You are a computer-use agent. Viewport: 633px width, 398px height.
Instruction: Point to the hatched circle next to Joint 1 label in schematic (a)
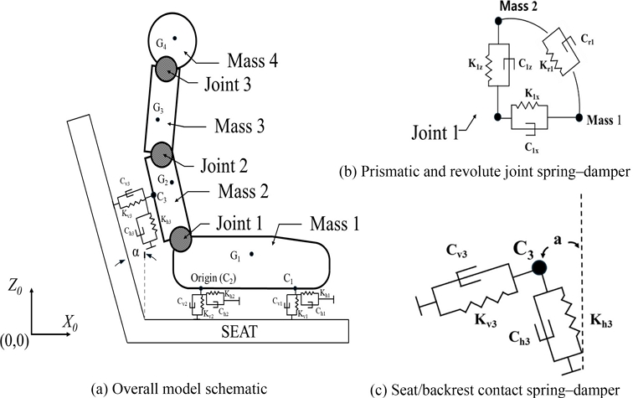click(x=183, y=238)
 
